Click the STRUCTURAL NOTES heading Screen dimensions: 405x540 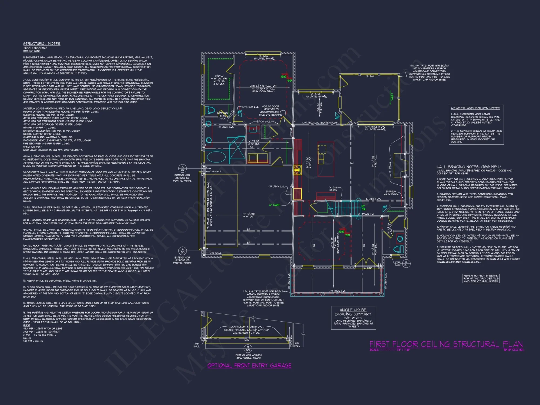pyautogui.click(x=42, y=44)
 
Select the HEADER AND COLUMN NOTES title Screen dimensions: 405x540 pyautogui.click(x=475, y=108)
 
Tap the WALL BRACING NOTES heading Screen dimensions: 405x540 pyautogui.click(x=468, y=167)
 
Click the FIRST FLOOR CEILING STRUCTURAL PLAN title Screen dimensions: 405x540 pyautogui.click(x=446, y=344)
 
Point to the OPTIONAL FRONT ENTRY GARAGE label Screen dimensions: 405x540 pyautogui.click(x=249, y=366)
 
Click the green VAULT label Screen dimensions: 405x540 pyautogui.click(x=392, y=97)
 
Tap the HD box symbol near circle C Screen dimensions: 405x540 pyautogui.click(x=398, y=264)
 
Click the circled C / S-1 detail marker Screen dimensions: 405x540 pyautogui.click(x=406, y=263)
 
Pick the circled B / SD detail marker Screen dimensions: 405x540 pyautogui.click(x=248, y=348)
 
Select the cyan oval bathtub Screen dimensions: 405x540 pyautogui.click(x=216, y=157)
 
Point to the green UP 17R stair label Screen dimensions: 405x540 pyautogui.click(x=363, y=208)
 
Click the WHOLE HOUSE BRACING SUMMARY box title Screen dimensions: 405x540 pyautogui.click(x=353, y=312)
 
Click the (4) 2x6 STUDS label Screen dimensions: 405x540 pyautogui.click(x=333, y=189)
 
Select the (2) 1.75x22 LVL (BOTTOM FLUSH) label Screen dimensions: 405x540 pyautogui.click(x=321, y=123)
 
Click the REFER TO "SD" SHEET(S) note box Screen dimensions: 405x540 pyautogui.click(x=481, y=278)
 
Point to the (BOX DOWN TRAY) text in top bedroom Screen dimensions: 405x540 pyautogui.click(x=263, y=92)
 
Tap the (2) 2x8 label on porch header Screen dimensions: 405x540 pyautogui.click(x=370, y=76)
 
